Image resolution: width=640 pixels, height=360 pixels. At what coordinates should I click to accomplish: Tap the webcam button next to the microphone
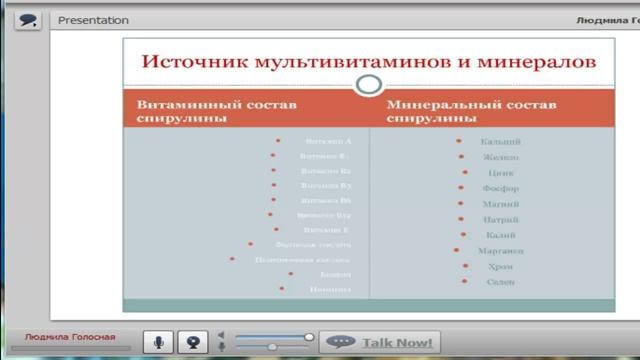[194, 342]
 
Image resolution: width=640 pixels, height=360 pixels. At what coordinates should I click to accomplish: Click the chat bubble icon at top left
[27, 19]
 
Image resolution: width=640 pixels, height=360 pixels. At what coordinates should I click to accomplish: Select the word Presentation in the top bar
[94, 20]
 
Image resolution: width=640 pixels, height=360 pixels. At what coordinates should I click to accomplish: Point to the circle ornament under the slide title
[369, 83]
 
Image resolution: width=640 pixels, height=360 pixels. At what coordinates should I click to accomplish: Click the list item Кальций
[500, 142]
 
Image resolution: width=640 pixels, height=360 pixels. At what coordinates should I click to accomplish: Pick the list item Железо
[500, 157]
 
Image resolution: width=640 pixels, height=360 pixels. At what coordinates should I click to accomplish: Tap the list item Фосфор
[500, 188]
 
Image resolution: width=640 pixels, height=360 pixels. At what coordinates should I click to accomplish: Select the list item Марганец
[500, 250]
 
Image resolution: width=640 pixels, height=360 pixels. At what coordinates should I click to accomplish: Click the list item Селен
[500, 282]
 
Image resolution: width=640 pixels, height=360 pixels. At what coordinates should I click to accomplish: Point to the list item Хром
[500, 266]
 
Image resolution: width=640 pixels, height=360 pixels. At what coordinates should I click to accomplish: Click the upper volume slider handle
[309, 337]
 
